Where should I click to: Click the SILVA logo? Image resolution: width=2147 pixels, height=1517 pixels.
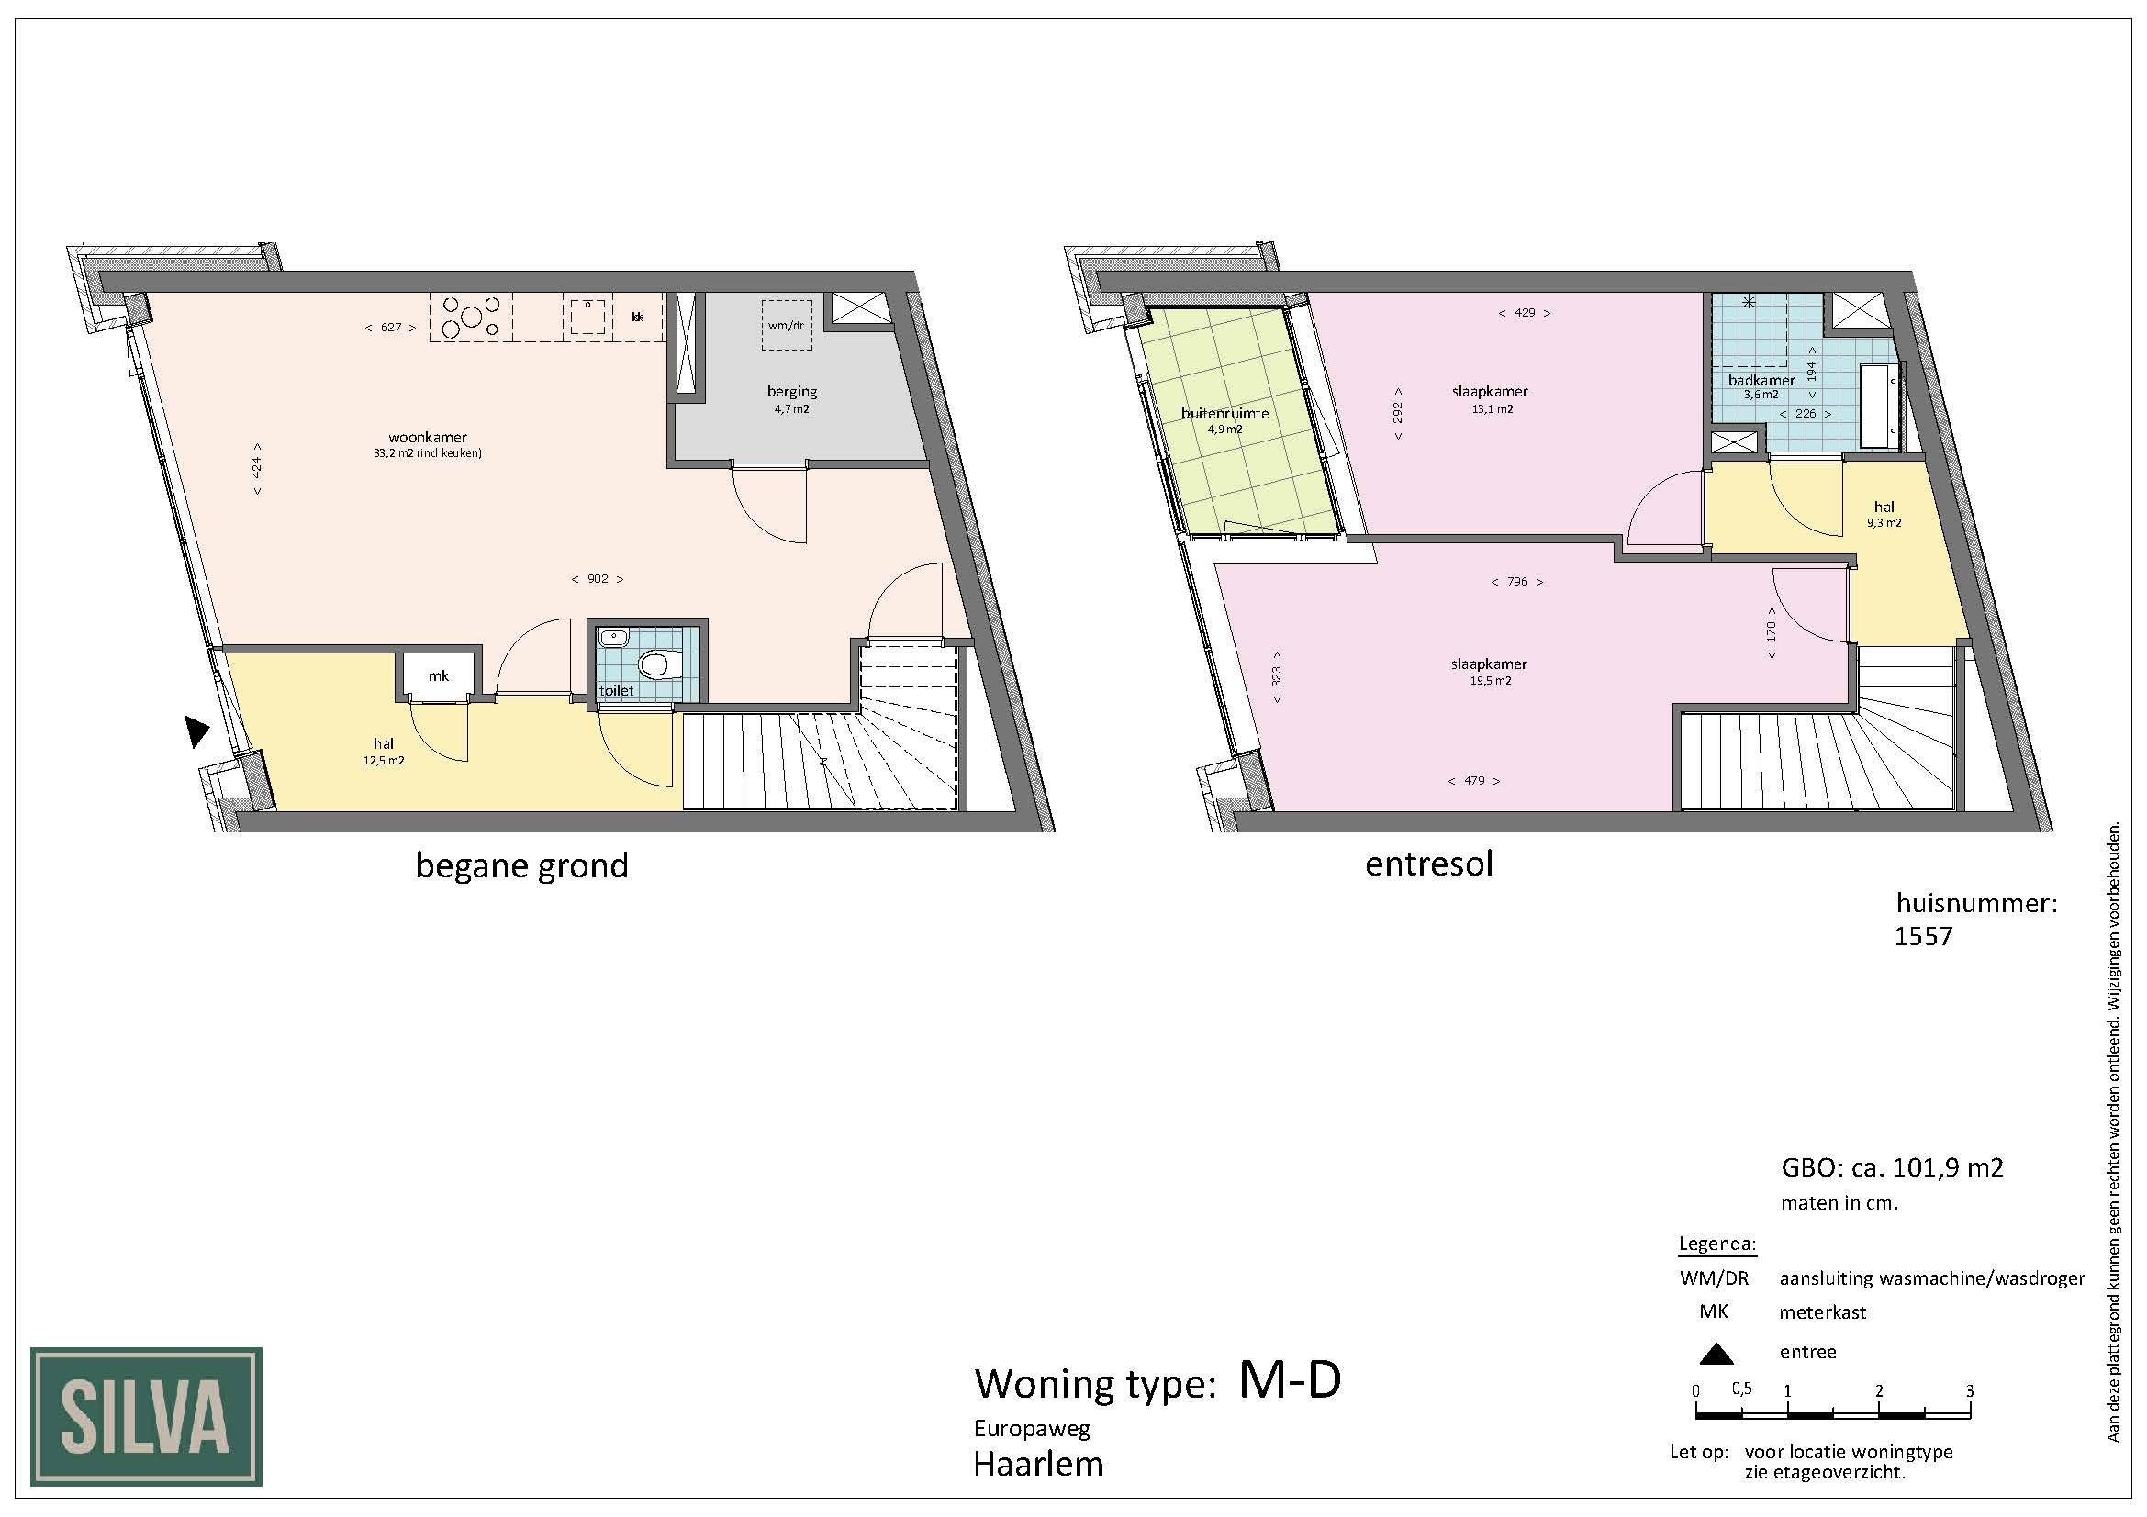coord(146,1416)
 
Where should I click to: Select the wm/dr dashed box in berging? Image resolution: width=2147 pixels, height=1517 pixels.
coord(787,324)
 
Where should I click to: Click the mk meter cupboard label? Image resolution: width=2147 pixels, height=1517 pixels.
coord(439,675)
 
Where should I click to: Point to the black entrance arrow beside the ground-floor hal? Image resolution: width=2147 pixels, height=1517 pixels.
coord(196,731)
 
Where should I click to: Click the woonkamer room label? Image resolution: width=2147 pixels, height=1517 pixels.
coord(428,437)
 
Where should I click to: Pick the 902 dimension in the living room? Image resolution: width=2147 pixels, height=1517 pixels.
coord(598,578)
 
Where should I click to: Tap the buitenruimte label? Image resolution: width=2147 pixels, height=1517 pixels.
coord(1225,413)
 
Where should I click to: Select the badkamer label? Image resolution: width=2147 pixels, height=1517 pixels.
coord(1761,381)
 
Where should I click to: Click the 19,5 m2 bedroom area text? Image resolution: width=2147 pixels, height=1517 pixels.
coord(1491,680)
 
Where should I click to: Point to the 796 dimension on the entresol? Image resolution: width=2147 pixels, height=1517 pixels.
coord(1516,581)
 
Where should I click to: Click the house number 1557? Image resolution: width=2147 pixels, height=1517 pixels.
coord(1924,937)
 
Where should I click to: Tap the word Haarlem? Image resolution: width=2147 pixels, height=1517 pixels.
coord(1038,1464)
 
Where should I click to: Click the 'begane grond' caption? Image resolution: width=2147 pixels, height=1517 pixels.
coord(521,866)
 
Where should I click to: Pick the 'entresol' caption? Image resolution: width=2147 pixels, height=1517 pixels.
coord(1429,863)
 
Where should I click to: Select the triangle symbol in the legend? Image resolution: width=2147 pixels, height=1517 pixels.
coord(1716,1354)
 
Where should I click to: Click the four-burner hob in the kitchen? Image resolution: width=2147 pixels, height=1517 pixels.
coord(471,317)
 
